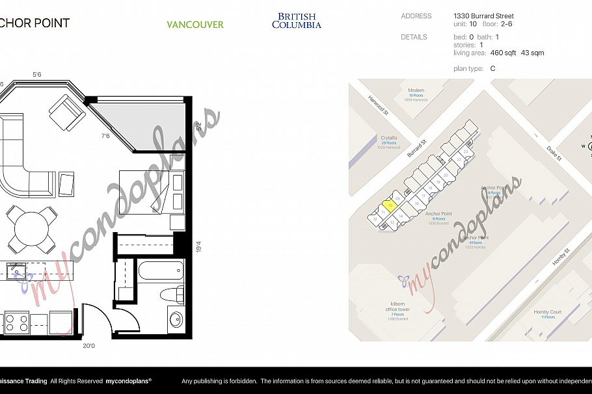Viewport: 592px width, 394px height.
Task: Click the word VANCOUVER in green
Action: tap(195, 25)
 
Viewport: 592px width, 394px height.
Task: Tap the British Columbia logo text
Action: tap(296, 21)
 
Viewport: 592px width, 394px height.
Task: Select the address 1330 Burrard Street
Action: tap(483, 16)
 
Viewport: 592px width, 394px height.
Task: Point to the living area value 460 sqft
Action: tap(503, 53)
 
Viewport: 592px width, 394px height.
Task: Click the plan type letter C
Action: tap(492, 68)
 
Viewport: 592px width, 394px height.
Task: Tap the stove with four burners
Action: tap(17, 322)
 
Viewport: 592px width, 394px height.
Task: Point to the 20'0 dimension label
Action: tap(88, 346)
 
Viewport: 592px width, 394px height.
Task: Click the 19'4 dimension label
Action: tap(198, 247)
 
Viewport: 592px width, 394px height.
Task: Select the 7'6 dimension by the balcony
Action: tap(105, 137)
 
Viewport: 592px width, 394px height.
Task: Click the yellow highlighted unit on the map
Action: tap(388, 207)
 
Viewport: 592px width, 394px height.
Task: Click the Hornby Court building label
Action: tap(547, 313)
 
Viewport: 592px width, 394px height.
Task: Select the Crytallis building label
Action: tap(388, 138)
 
